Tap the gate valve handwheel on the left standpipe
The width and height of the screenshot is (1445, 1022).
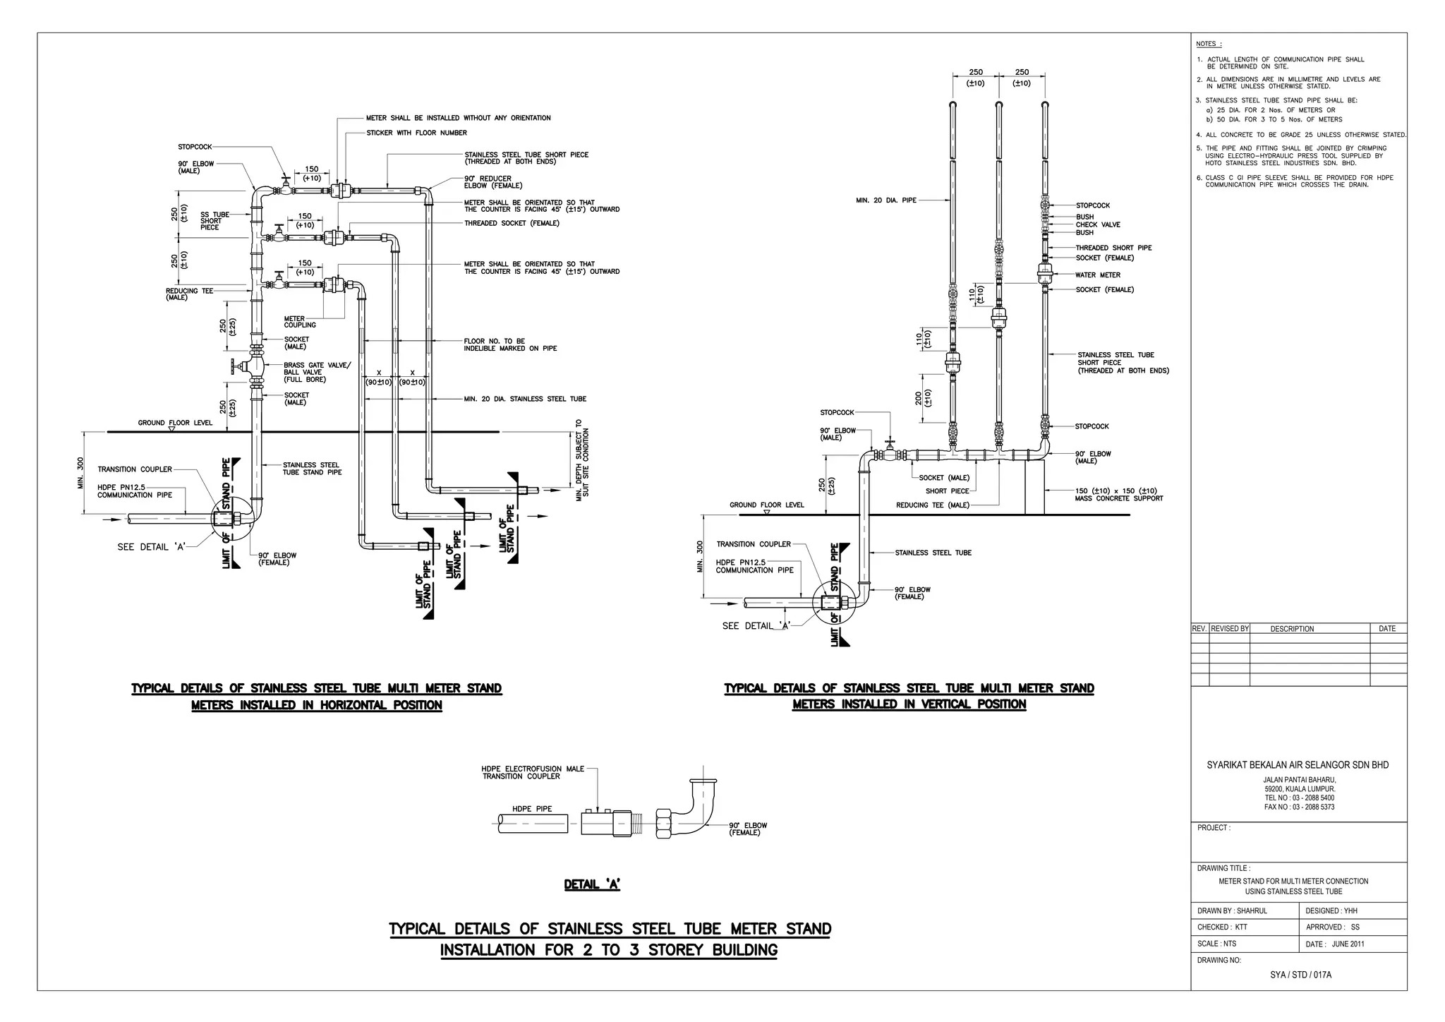(232, 367)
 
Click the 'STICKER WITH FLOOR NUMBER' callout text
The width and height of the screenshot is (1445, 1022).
(416, 133)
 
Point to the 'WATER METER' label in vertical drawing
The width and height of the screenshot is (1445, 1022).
(1097, 275)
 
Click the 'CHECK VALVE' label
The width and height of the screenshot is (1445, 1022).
(1097, 224)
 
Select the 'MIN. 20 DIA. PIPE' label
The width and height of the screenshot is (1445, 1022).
(885, 200)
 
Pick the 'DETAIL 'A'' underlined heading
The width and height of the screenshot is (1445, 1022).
(592, 884)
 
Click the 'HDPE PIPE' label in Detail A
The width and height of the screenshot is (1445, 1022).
(532, 809)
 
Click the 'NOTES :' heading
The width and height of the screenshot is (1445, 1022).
(1209, 44)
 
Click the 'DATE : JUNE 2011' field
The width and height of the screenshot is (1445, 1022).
(1334, 944)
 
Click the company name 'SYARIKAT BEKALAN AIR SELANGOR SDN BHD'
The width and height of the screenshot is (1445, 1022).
(1298, 765)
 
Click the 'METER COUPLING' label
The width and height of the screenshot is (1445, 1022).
(300, 322)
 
